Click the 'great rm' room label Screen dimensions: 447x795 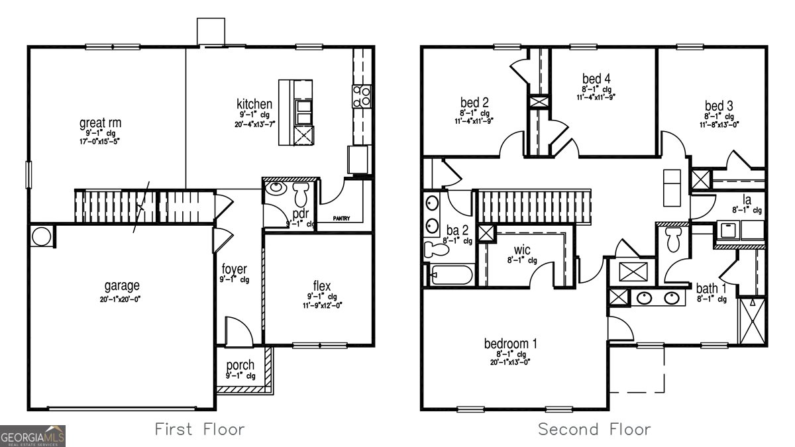pyautogui.click(x=100, y=123)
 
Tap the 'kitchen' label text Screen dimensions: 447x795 pyautogui.click(x=254, y=104)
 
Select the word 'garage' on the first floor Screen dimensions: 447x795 pyautogui.click(x=122, y=286)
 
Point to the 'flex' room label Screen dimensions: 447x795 pyautogui.click(x=322, y=286)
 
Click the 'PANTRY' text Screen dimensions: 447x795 pyautogui.click(x=341, y=219)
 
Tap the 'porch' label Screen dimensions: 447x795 pyautogui.click(x=240, y=366)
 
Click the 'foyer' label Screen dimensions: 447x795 pyautogui.click(x=234, y=270)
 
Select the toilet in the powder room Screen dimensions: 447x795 pyautogui.click(x=301, y=193)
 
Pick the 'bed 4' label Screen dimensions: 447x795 pyautogui.click(x=596, y=78)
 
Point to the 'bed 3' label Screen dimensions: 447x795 pyautogui.click(x=719, y=106)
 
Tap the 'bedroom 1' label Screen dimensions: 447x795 pyautogui.click(x=510, y=344)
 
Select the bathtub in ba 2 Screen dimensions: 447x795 pyautogui.click(x=450, y=274)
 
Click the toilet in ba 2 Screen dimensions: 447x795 pyautogui.click(x=437, y=250)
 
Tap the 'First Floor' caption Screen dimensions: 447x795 pyautogui.click(x=199, y=429)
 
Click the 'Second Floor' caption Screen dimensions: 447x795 pyautogui.click(x=594, y=429)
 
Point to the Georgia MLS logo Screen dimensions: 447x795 pyautogui.click(x=33, y=436)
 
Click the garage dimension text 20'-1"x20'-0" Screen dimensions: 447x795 pyautogui.click(x=122, y=299)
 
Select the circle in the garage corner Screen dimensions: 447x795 pyautogui.click(x=41, y=236)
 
